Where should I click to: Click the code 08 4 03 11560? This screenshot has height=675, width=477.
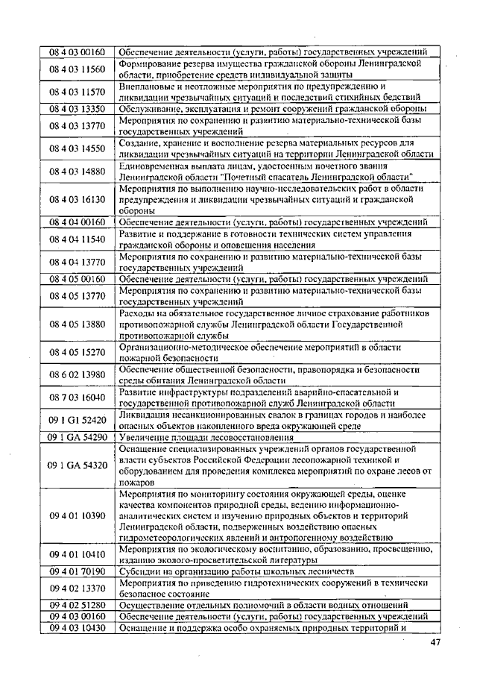click(x=78, y=69)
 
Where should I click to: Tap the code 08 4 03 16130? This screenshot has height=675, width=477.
click(x=78, y=200)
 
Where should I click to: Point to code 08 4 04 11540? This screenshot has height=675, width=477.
click(x=78, y=239)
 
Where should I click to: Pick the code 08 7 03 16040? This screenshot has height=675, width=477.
click(x=78, y=398)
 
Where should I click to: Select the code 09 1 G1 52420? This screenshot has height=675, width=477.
click(x=78, y=421)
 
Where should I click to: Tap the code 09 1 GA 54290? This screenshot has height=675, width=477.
click(x=78, y=437)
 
